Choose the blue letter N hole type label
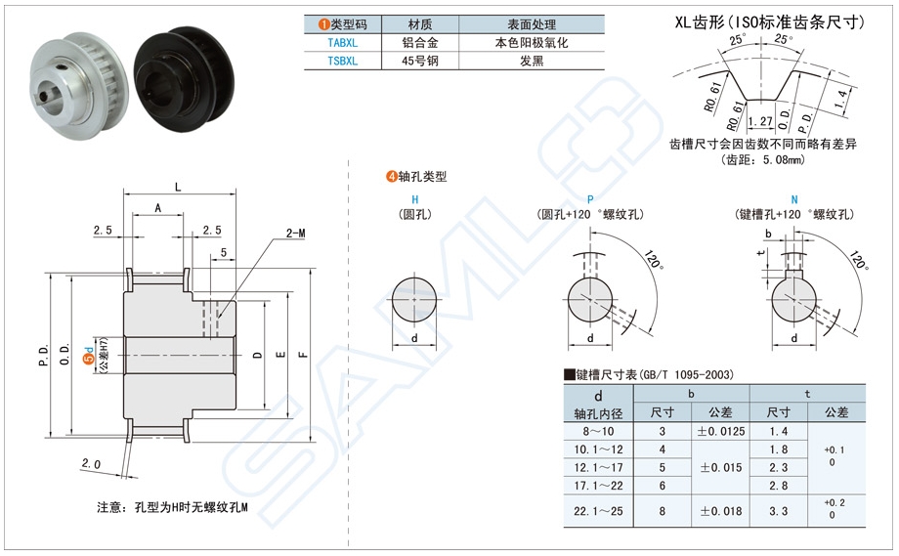click(793, 199)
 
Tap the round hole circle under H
click(415, 300)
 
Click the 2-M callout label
click(295, 234)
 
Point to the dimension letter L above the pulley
click(176, 186)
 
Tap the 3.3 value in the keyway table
click(779, 510)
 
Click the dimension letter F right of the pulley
click(303, 355)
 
